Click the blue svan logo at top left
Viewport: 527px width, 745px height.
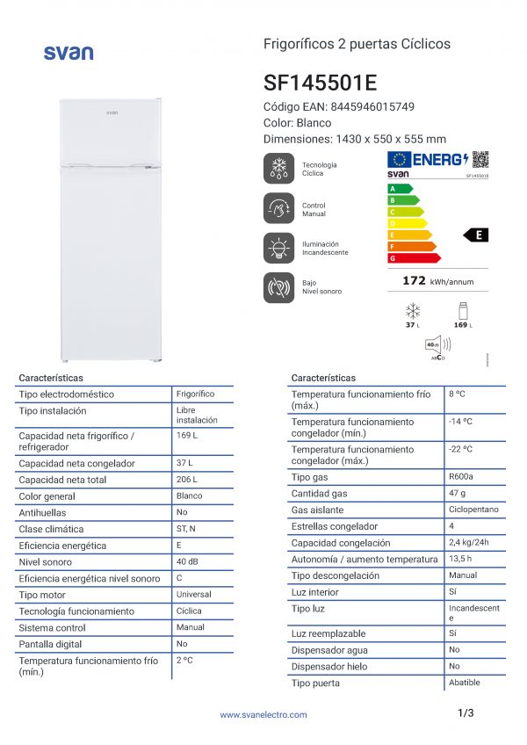pos(68,53)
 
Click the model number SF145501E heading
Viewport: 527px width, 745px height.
pos(320,83)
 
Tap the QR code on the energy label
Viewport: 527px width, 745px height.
pos(480,159)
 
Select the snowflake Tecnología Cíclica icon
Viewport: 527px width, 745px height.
pos(279,169)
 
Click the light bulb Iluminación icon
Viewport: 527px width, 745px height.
pos(279,248)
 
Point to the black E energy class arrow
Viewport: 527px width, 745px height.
pos(477,235)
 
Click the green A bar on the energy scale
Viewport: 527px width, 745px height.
pos(400,189)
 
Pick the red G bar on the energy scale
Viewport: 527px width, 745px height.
pos(413,258)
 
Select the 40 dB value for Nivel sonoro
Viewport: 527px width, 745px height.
pos(187,561)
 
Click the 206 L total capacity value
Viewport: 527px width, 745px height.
pos(187,480)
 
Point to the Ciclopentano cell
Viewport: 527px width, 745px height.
pos(473,510)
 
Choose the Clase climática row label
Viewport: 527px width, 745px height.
pos(51,530)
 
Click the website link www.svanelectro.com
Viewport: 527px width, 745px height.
pos(263,715)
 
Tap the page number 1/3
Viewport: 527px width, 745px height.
pos(466,713)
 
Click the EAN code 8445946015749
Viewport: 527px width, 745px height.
pos(372,107)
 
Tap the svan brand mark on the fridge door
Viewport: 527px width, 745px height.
pos(112,112)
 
